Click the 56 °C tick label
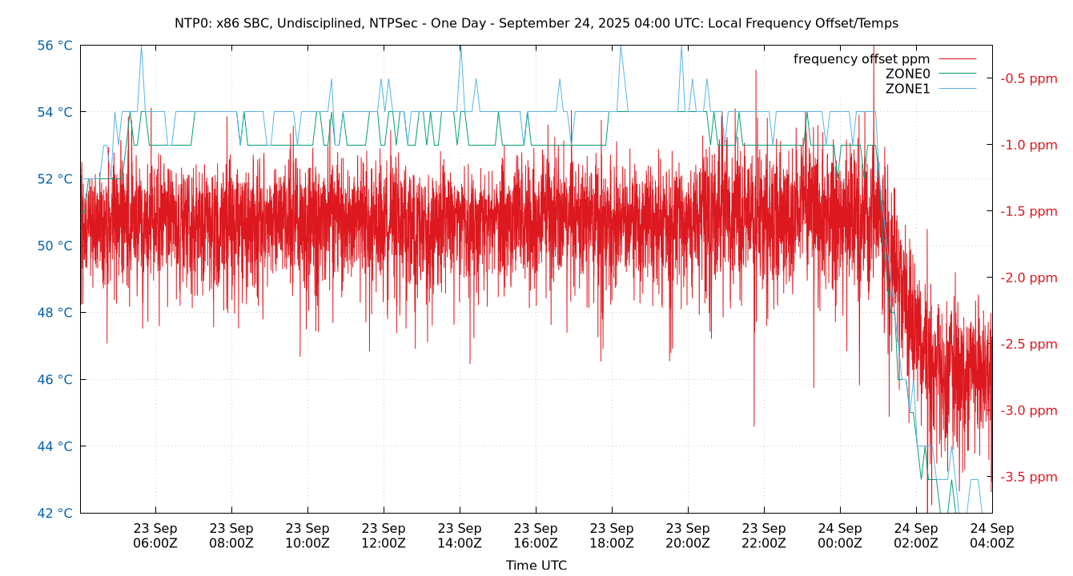pos(54,46)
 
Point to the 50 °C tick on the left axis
pos(54,246)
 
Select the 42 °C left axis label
pos(54,513)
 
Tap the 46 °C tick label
pos(54,379)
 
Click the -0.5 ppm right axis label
pos(1028,78)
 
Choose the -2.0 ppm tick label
pos(1028,278)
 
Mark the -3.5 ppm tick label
pos(1028,477)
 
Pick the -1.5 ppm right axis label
pos(1028,211)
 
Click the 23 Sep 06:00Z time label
pos(155,536)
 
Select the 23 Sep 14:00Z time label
pos(460,536)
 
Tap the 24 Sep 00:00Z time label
pos(840,536)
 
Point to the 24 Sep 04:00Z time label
pos(992,536)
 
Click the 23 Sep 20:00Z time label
pos(688,536)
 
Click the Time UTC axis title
pos(536,565)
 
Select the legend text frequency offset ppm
pos(862,59)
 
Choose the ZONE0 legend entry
pos(907,74)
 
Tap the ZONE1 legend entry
pos(907,89)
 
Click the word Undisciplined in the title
pos(319,23)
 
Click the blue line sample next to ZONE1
pos(958,89)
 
